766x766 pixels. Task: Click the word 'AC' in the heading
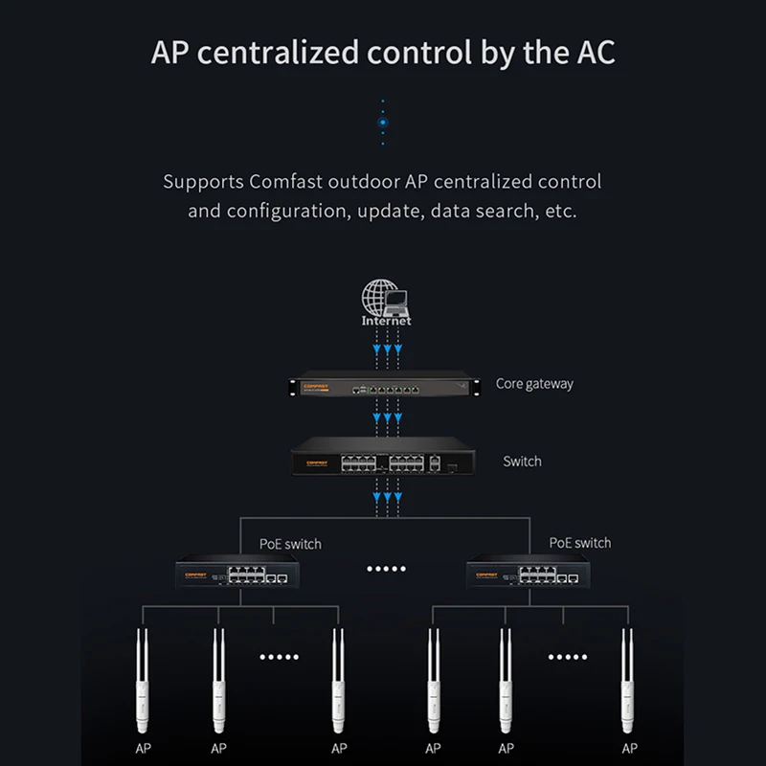593,52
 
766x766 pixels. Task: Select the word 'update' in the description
386,210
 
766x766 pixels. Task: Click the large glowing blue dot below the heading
383,123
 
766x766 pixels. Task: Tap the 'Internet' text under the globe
386,322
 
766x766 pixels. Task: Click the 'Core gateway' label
534,384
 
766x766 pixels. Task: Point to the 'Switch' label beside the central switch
522,462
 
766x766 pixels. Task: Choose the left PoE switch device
236,575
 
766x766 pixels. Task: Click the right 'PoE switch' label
579,543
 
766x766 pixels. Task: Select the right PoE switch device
526,575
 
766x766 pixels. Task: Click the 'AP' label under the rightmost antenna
628,749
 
